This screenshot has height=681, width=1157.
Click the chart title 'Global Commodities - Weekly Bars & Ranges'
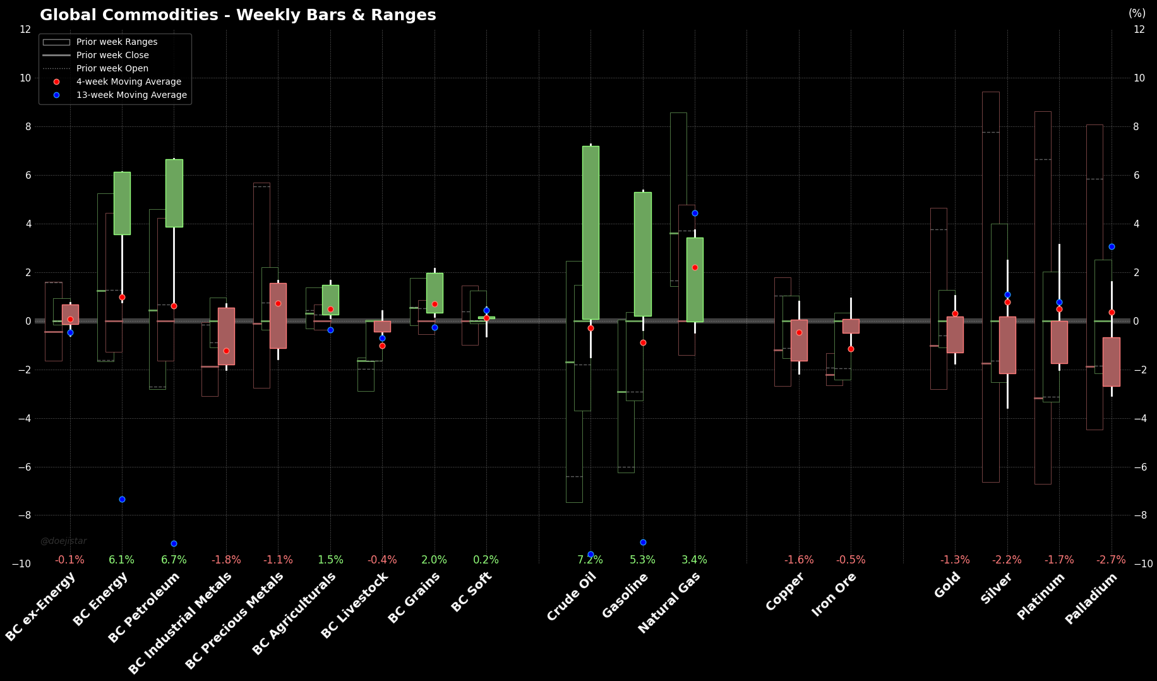(237, 15)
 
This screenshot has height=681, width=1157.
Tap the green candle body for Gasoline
(643, 254)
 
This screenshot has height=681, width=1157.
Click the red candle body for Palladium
(1111, 361)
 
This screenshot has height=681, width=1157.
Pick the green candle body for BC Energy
(122, 203)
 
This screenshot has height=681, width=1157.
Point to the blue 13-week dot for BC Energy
(122, 499)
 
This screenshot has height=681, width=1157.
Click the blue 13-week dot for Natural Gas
(695, 213)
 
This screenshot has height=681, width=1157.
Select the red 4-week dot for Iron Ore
(851, 349)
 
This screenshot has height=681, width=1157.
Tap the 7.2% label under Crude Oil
(590, 560)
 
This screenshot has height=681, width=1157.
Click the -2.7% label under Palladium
(1111, 560)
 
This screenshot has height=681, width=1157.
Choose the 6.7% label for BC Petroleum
(174, 560)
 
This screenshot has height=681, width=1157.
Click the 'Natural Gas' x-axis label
(669, 603)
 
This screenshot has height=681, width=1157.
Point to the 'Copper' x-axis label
(784, 592)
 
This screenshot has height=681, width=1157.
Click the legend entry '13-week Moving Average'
(131, 95)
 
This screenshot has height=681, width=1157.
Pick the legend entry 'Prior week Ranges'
(117, 42)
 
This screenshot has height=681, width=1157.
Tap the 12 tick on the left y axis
(25, 29)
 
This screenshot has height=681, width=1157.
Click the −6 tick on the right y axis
(1139, 467)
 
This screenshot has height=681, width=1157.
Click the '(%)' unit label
(1137, 13)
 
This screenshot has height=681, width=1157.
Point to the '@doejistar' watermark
(63, 541)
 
